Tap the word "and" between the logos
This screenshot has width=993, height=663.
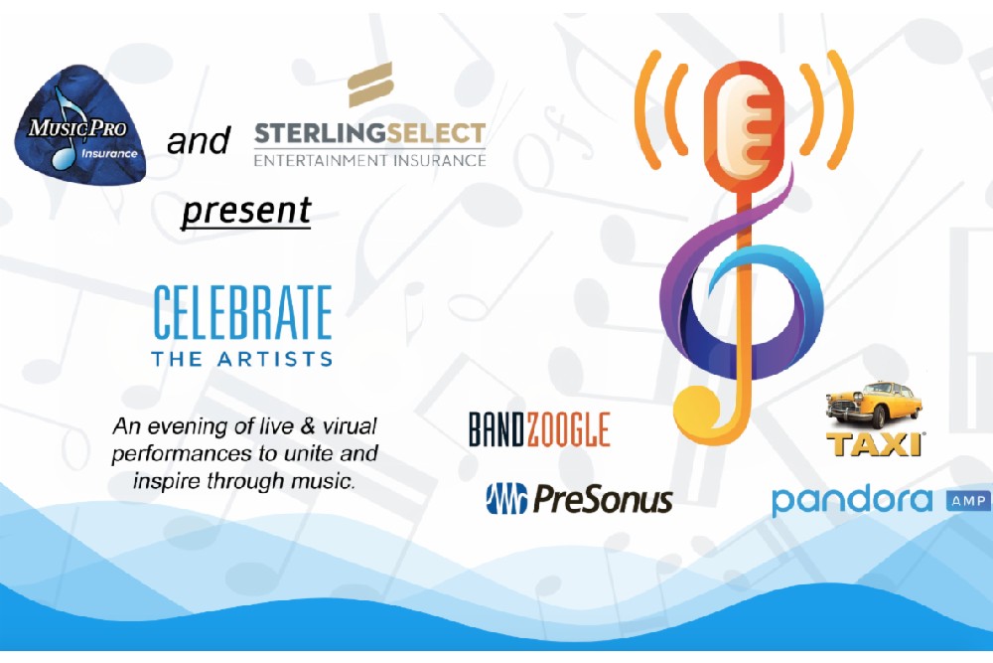pos(199,141)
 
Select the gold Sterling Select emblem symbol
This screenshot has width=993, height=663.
pos(370,84)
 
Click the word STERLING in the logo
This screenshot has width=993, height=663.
pos(319,134)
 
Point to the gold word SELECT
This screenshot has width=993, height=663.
pos(436,134)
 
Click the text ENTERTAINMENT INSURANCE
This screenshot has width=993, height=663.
pos(369,160)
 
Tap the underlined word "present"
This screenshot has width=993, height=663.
pos(246,211)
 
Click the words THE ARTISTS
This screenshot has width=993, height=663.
pos(242,359)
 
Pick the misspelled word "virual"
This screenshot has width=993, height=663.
pos(350,426)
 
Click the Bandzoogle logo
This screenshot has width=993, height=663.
pos(539,429)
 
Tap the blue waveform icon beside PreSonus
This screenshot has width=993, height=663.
pos(506,498)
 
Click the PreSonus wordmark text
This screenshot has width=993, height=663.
pos(603,499)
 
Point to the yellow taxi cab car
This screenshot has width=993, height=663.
pos(874,405)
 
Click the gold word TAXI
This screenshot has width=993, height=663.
pos(874,444)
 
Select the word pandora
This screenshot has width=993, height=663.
pos(852,501)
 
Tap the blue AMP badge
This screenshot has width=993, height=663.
pos(967,501)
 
